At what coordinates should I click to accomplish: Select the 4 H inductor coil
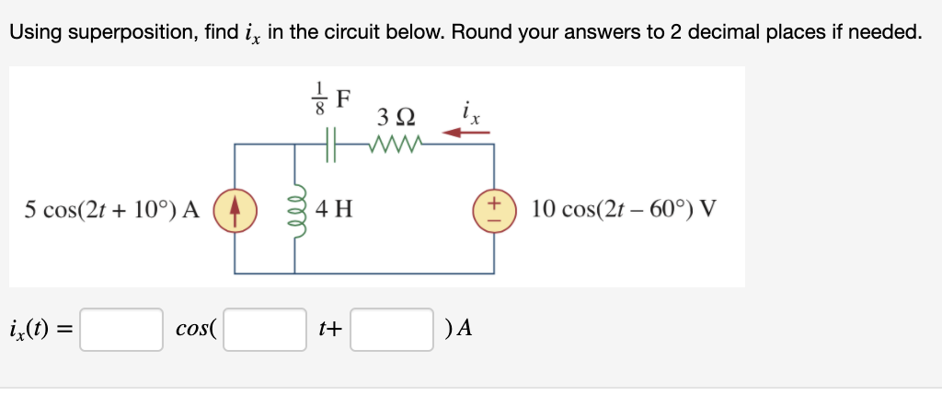click(x=295, y=209)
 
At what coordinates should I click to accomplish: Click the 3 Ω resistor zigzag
click(x=395, y=144)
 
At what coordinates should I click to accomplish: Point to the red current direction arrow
click(x=466, y=133)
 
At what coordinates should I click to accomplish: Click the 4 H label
click(x=333, y=210)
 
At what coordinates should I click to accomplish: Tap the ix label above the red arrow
click(x=469, y=112)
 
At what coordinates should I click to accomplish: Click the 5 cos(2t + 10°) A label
click(x=111, y=210)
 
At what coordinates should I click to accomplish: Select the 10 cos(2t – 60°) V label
click(x=624, y=210)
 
